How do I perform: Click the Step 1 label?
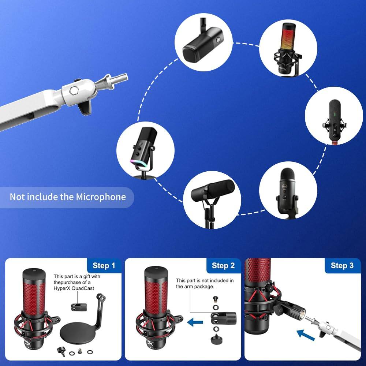pyautogui.click(x=104, y=266)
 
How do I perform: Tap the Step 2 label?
pyautogui.click(x=223, y=266)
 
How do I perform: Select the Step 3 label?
pyautogui.click(x=342, y=266)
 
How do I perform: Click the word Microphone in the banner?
pyautogui.click(x=101, y=197)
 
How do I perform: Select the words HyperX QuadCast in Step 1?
pyautogui.click(x=74, y=288)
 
